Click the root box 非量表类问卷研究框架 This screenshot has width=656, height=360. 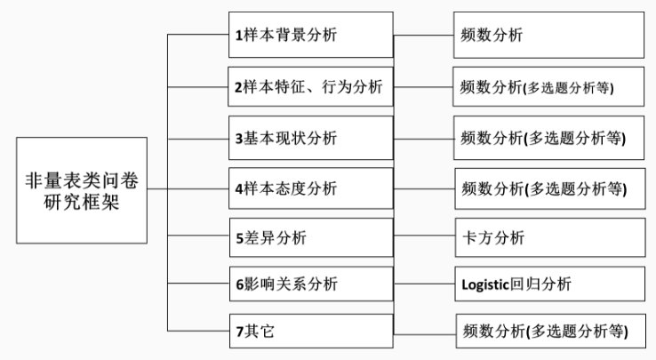(80, 190)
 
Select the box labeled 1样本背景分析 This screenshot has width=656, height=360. (309, 36)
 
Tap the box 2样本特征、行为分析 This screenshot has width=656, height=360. (309, 86)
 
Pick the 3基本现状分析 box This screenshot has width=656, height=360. (309, 138)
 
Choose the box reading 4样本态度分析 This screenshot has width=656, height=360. (309, 188)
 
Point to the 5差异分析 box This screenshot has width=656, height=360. (309, 237)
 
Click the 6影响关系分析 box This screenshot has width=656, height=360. (309, 284)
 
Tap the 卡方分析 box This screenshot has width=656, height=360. (549, 237)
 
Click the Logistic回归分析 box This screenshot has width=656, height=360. (549, 284)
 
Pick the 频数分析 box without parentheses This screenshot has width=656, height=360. (549, 36)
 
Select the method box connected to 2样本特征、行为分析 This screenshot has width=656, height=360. (549, 86)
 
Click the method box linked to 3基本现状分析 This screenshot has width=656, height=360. (549, 138)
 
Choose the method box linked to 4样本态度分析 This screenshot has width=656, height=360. (549, 188)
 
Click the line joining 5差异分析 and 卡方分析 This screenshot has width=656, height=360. (423, 237)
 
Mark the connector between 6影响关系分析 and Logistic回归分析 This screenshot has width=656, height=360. (423, 284)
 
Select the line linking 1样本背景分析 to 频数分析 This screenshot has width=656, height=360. (423, 36)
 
